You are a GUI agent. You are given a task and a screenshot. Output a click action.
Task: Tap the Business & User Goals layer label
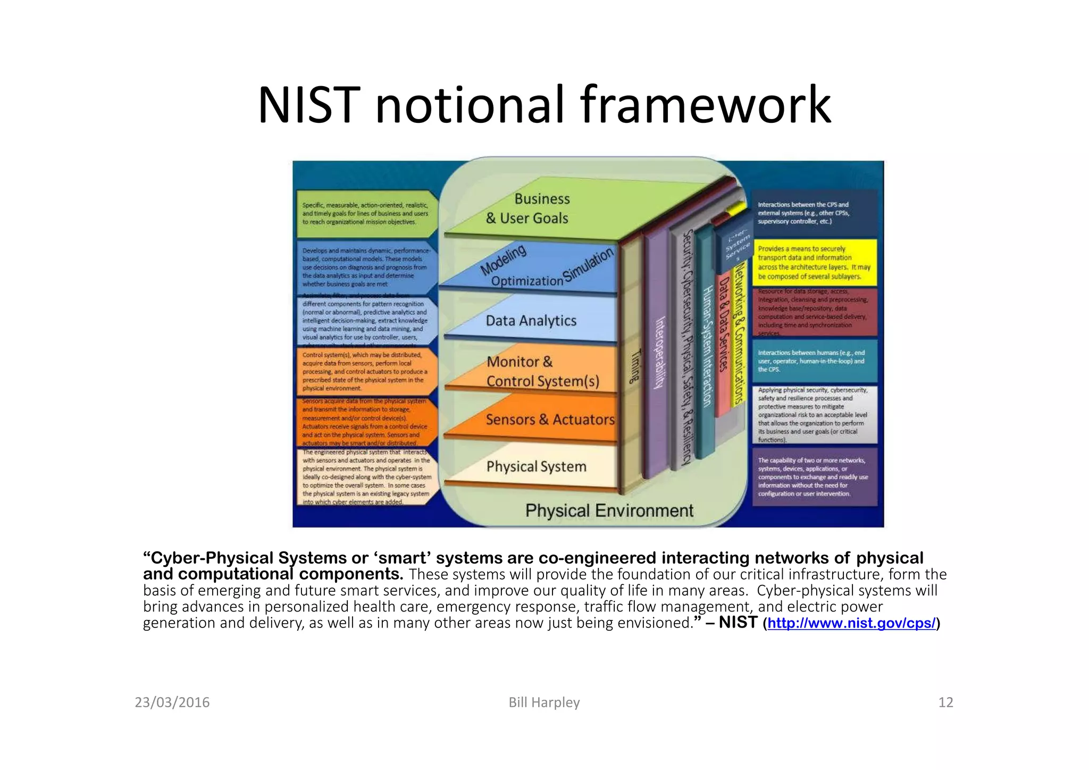point(527,208)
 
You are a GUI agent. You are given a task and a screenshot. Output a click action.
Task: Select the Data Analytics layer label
point(531,321)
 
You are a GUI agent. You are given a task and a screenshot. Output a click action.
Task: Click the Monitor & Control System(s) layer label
point(542,371)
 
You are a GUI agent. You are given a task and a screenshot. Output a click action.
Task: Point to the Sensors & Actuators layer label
point(550,420)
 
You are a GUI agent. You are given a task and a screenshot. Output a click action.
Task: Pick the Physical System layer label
point(536,466)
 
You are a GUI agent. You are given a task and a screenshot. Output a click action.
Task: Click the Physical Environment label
point(609,510)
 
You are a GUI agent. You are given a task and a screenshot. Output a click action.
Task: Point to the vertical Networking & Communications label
point(738,335)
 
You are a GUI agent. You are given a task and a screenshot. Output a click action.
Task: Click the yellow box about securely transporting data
point(814,263)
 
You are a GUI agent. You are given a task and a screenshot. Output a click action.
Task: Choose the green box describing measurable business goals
point(365,213)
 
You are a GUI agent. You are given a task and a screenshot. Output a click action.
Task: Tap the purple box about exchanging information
point(814,477)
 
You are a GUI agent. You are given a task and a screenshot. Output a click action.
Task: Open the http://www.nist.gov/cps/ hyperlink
point(851,623)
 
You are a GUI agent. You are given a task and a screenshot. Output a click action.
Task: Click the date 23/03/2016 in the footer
point(172,702)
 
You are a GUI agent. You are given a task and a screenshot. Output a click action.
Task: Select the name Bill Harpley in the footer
point(544,702)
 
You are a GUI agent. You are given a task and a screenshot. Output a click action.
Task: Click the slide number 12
point(945,702)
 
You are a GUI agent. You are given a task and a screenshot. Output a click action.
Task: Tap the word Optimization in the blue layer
point(526,281)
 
